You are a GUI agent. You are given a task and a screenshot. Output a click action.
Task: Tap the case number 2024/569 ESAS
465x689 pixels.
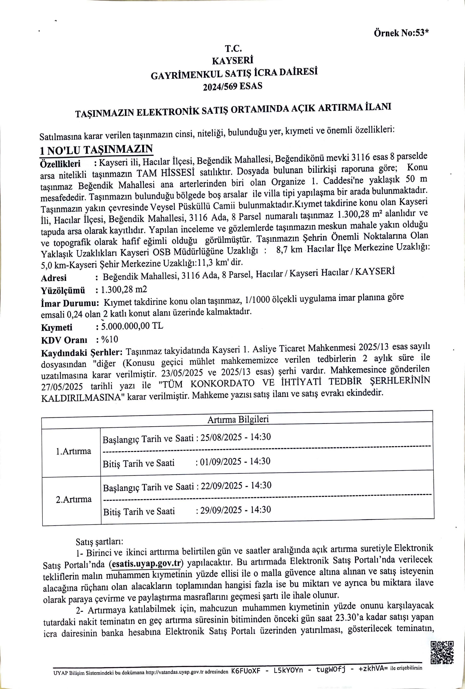point(233,86)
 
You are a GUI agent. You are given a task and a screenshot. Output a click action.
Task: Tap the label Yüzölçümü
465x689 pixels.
point(63,290)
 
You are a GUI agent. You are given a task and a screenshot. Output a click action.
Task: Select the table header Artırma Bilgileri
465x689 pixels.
point(238,419)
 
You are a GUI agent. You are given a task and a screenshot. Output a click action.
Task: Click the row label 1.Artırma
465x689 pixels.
point(74,451)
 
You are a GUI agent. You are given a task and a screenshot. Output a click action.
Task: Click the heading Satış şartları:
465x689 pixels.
point(99,542)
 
